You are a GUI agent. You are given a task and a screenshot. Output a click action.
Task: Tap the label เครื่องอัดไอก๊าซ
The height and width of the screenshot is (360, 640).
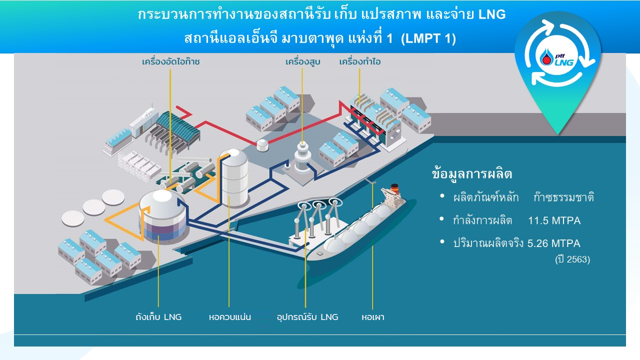[x=170, y=62]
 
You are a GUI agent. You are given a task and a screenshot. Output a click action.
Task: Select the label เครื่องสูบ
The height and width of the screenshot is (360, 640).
[x=302, y=62]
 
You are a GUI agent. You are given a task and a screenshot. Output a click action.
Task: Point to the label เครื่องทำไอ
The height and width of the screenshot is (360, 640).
[x=359, y=62]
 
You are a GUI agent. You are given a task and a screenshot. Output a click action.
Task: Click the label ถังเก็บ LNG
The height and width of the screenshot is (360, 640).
[x=158, y=317]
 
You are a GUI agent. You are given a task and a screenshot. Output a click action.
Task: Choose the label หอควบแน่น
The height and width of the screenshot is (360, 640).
[x=229, y=317]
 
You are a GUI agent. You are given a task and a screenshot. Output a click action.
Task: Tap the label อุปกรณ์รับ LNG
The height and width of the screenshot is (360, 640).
[x=307, y=317]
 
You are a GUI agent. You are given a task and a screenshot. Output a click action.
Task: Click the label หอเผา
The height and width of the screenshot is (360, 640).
[x=373, y=317]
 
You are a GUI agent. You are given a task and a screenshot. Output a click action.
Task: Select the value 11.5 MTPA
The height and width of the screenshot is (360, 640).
[x=554, y=220]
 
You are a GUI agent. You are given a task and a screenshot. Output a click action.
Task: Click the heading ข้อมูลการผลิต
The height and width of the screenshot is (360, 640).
[x=472, y=174]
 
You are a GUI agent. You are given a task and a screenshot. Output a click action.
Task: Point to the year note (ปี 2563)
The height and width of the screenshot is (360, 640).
[x=572, y=259]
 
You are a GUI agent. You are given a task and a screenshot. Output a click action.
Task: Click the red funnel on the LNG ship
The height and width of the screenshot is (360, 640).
[x=395, y=188]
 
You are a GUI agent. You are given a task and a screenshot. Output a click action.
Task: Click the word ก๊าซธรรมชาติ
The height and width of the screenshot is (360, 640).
[x=563, y=197]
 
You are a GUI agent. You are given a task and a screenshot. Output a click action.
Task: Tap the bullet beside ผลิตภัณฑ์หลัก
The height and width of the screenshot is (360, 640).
[x=442, y=196]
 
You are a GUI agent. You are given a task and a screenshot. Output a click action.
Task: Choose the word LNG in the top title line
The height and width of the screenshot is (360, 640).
[x=492, y=15]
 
